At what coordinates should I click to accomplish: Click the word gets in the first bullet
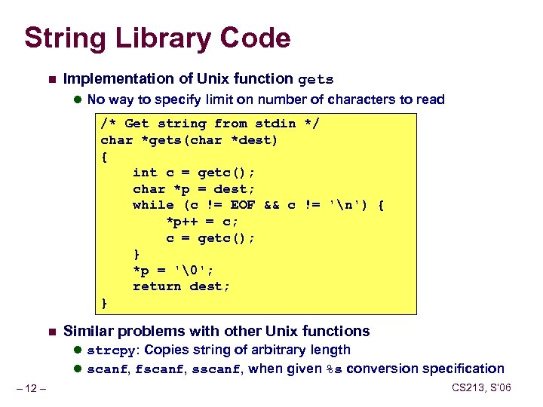(316, 79)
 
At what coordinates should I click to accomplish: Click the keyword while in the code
(153, 205)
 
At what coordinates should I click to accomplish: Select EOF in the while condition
(244, 205)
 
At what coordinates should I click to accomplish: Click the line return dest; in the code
(181, 286)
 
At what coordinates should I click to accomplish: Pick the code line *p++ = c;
(201, 222)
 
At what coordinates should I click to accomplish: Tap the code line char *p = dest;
(194, 189)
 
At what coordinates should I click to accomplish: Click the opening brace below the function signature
(104, 157)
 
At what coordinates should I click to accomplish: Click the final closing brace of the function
(104, 303)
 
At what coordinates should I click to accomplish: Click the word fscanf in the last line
(158, 369)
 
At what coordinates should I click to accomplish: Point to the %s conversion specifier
(333, 369)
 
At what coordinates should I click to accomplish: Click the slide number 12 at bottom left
(33, 389)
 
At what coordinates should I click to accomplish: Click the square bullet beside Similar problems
(50, 332)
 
